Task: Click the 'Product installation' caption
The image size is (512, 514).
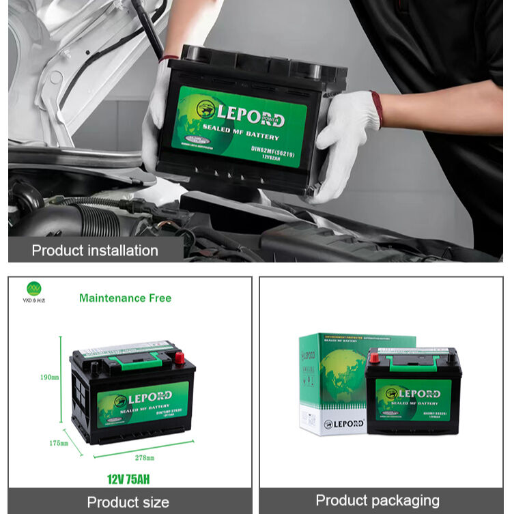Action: pyautogui.click(x=94, y=250)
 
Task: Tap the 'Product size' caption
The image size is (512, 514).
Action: pyautogui.click(x=128, y=502)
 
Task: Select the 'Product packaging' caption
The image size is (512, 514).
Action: pyautogui.click(x=377, y=500)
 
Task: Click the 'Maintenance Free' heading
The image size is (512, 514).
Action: pyautogui.click(x=125, y=298)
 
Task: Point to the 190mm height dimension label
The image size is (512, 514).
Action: pyautogui.click(x=49, y=377)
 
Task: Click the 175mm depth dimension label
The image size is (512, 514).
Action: pyautogui.click(x=59, y=443)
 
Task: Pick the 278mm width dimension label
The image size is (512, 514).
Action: pyautogui.click(x=143, y=457)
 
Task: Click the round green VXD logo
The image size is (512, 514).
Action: pyautogui.click(x=34, y=288)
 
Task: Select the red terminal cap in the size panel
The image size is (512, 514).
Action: pyautogui.click(x=179, y=356)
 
